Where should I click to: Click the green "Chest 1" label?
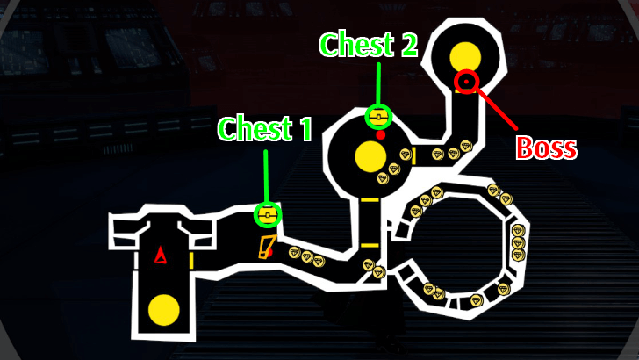pyautogui.click(x=265, y=128)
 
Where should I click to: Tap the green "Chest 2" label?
pyautogui.click(x=369, y=45)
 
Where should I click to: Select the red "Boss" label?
pyautogui.click(x=547, y=148)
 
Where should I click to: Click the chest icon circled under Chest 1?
pyautogui.click(x=268, y=214)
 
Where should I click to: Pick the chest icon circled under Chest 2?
pyautogui.click(x=378, y=117)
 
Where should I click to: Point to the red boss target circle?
pyautogui.click(x=466, y=82)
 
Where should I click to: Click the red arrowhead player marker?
pyautogui.click(x=160, y=255)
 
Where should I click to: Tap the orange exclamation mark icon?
pyautogui.click(x=267, y=247)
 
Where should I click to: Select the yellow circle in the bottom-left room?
pyautogui.click(x=164, y=310)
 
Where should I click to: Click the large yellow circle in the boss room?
pyautogui.click(x=465, y=57)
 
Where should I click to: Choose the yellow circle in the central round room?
pyautogui.click(x=370, y=157)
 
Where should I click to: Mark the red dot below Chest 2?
pyautogui.click(x=381, y=135)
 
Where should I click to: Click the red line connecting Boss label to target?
pyautogui.click(x=496, y=108)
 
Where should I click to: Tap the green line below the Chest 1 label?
pyautogui.click(x=266, y=176)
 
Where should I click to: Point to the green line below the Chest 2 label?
pyautogui.click(x=378, y=84)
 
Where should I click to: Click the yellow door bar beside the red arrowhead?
pyautogui.click(x=191, y=261)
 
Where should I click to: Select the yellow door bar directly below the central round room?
pyautogui.click(x=370, y=200)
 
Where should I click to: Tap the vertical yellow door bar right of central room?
pyautogui.click(x=413, y=156)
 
